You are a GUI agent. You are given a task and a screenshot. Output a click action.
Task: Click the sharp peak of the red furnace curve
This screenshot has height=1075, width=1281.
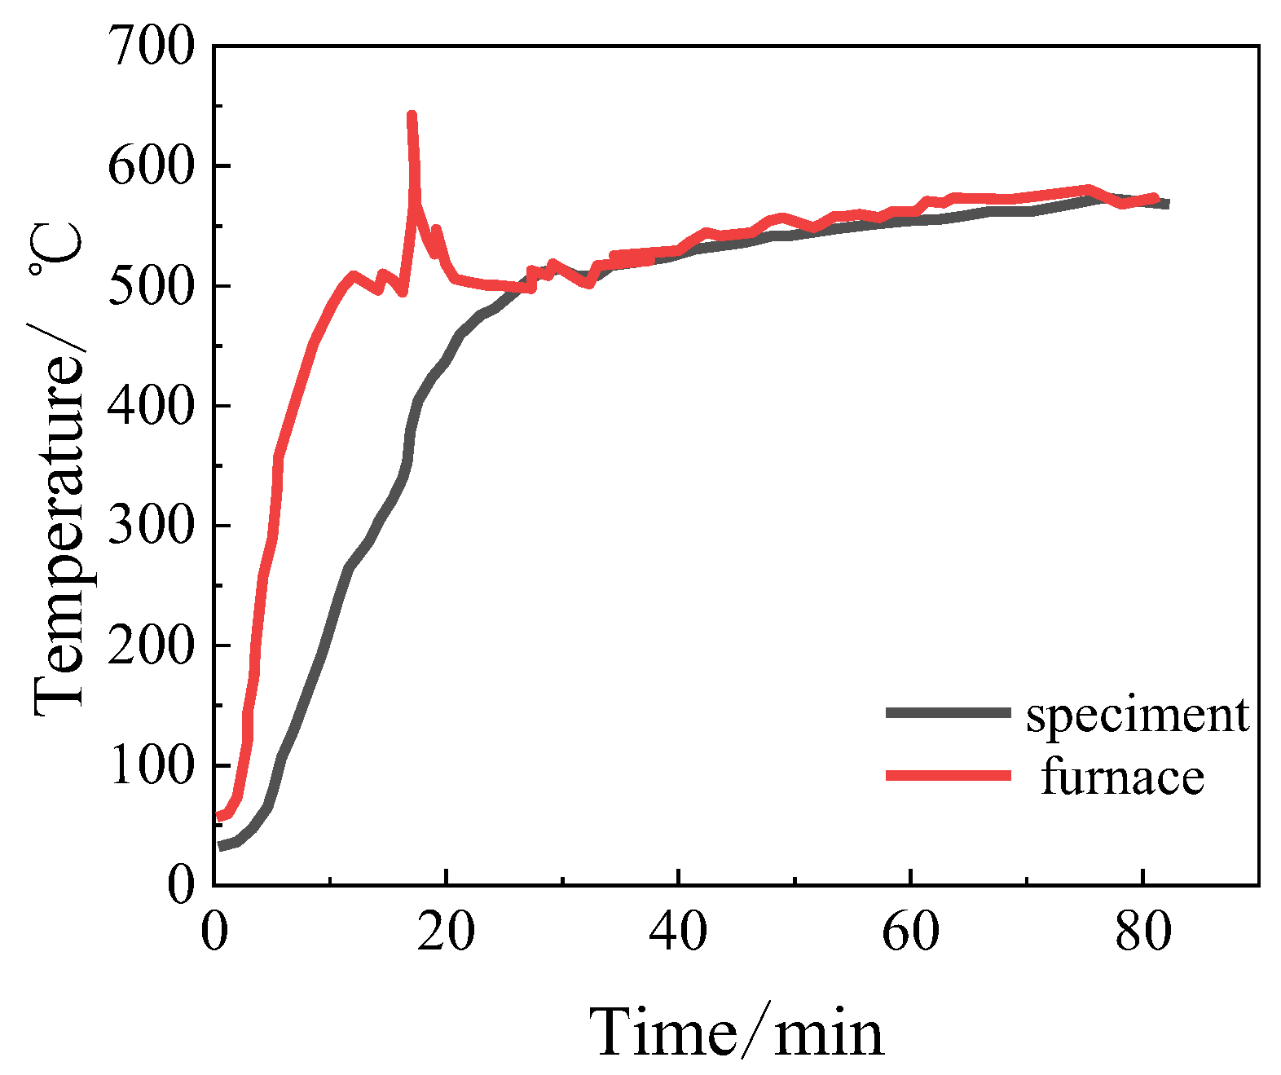coord(412,117)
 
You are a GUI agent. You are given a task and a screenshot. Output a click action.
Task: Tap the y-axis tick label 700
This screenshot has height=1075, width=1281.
coord(152,46)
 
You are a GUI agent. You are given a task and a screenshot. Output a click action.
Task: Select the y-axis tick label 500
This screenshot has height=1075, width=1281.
coord(152,286)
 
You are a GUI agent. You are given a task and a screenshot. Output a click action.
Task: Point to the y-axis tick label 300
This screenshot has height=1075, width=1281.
coord(152,526)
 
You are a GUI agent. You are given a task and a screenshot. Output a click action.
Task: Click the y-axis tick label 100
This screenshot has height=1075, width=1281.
coord(152,765)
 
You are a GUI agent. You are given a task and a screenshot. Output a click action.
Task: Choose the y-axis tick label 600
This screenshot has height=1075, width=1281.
coord(152,166)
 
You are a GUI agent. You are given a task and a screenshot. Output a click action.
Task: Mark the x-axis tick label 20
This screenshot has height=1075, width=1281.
coord(446,932)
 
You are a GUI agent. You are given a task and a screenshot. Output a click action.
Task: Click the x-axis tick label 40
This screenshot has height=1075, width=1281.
coord(678,932)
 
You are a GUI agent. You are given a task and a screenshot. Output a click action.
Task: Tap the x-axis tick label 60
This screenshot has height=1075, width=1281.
coord(910,932)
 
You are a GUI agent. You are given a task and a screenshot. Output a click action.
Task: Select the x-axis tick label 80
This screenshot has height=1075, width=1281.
coord(1143,932)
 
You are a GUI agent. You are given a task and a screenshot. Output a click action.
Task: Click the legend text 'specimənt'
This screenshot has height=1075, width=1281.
coord(1137,715)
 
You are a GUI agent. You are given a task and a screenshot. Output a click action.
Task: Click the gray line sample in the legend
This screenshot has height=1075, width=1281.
coord(948,712)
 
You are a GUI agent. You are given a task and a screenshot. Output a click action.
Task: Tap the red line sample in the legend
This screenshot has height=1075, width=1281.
coord(948,775)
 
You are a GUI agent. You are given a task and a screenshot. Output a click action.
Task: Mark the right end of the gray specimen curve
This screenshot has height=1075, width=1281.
coord(1166,204)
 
